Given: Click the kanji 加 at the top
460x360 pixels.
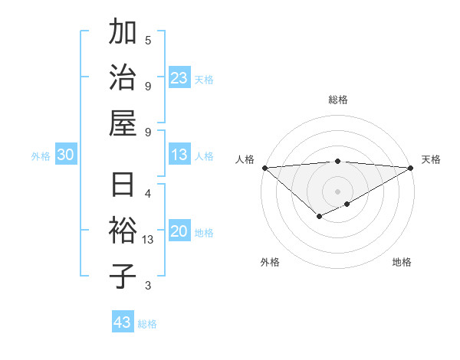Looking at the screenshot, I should click(x=123, y=34).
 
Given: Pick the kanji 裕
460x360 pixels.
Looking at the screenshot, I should click(x=123, y=231).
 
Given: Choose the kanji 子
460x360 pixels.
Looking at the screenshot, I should click(x=123, y=276).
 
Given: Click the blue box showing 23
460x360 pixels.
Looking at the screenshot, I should click(x=179, y=77).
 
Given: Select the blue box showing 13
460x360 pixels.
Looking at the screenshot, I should click(x=179, y=155).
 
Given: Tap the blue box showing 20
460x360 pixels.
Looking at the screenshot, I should click(x=179, y=231).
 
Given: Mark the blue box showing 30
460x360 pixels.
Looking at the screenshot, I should click(x=65, y=155).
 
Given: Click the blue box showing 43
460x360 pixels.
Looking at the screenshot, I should click(x=123, y=322).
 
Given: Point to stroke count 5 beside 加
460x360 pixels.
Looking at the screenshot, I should click(x=148, y=40).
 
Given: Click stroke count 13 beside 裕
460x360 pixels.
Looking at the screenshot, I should click(x=148, y=240).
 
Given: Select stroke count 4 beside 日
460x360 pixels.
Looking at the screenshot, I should click(x=148, y=192).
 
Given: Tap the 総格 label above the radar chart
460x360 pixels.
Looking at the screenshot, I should click(x=338, y=100).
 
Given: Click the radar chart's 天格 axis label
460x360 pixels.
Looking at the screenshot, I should click(x=431, y=159).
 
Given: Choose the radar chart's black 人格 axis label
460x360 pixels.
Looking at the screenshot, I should click(x=245, y=159).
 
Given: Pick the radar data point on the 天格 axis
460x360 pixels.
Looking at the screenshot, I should click(x=411, y=168).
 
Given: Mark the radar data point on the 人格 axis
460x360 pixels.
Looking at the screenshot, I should click(x=264, y=168).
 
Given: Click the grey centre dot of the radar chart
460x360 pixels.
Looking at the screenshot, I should click(x=338, y=191).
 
